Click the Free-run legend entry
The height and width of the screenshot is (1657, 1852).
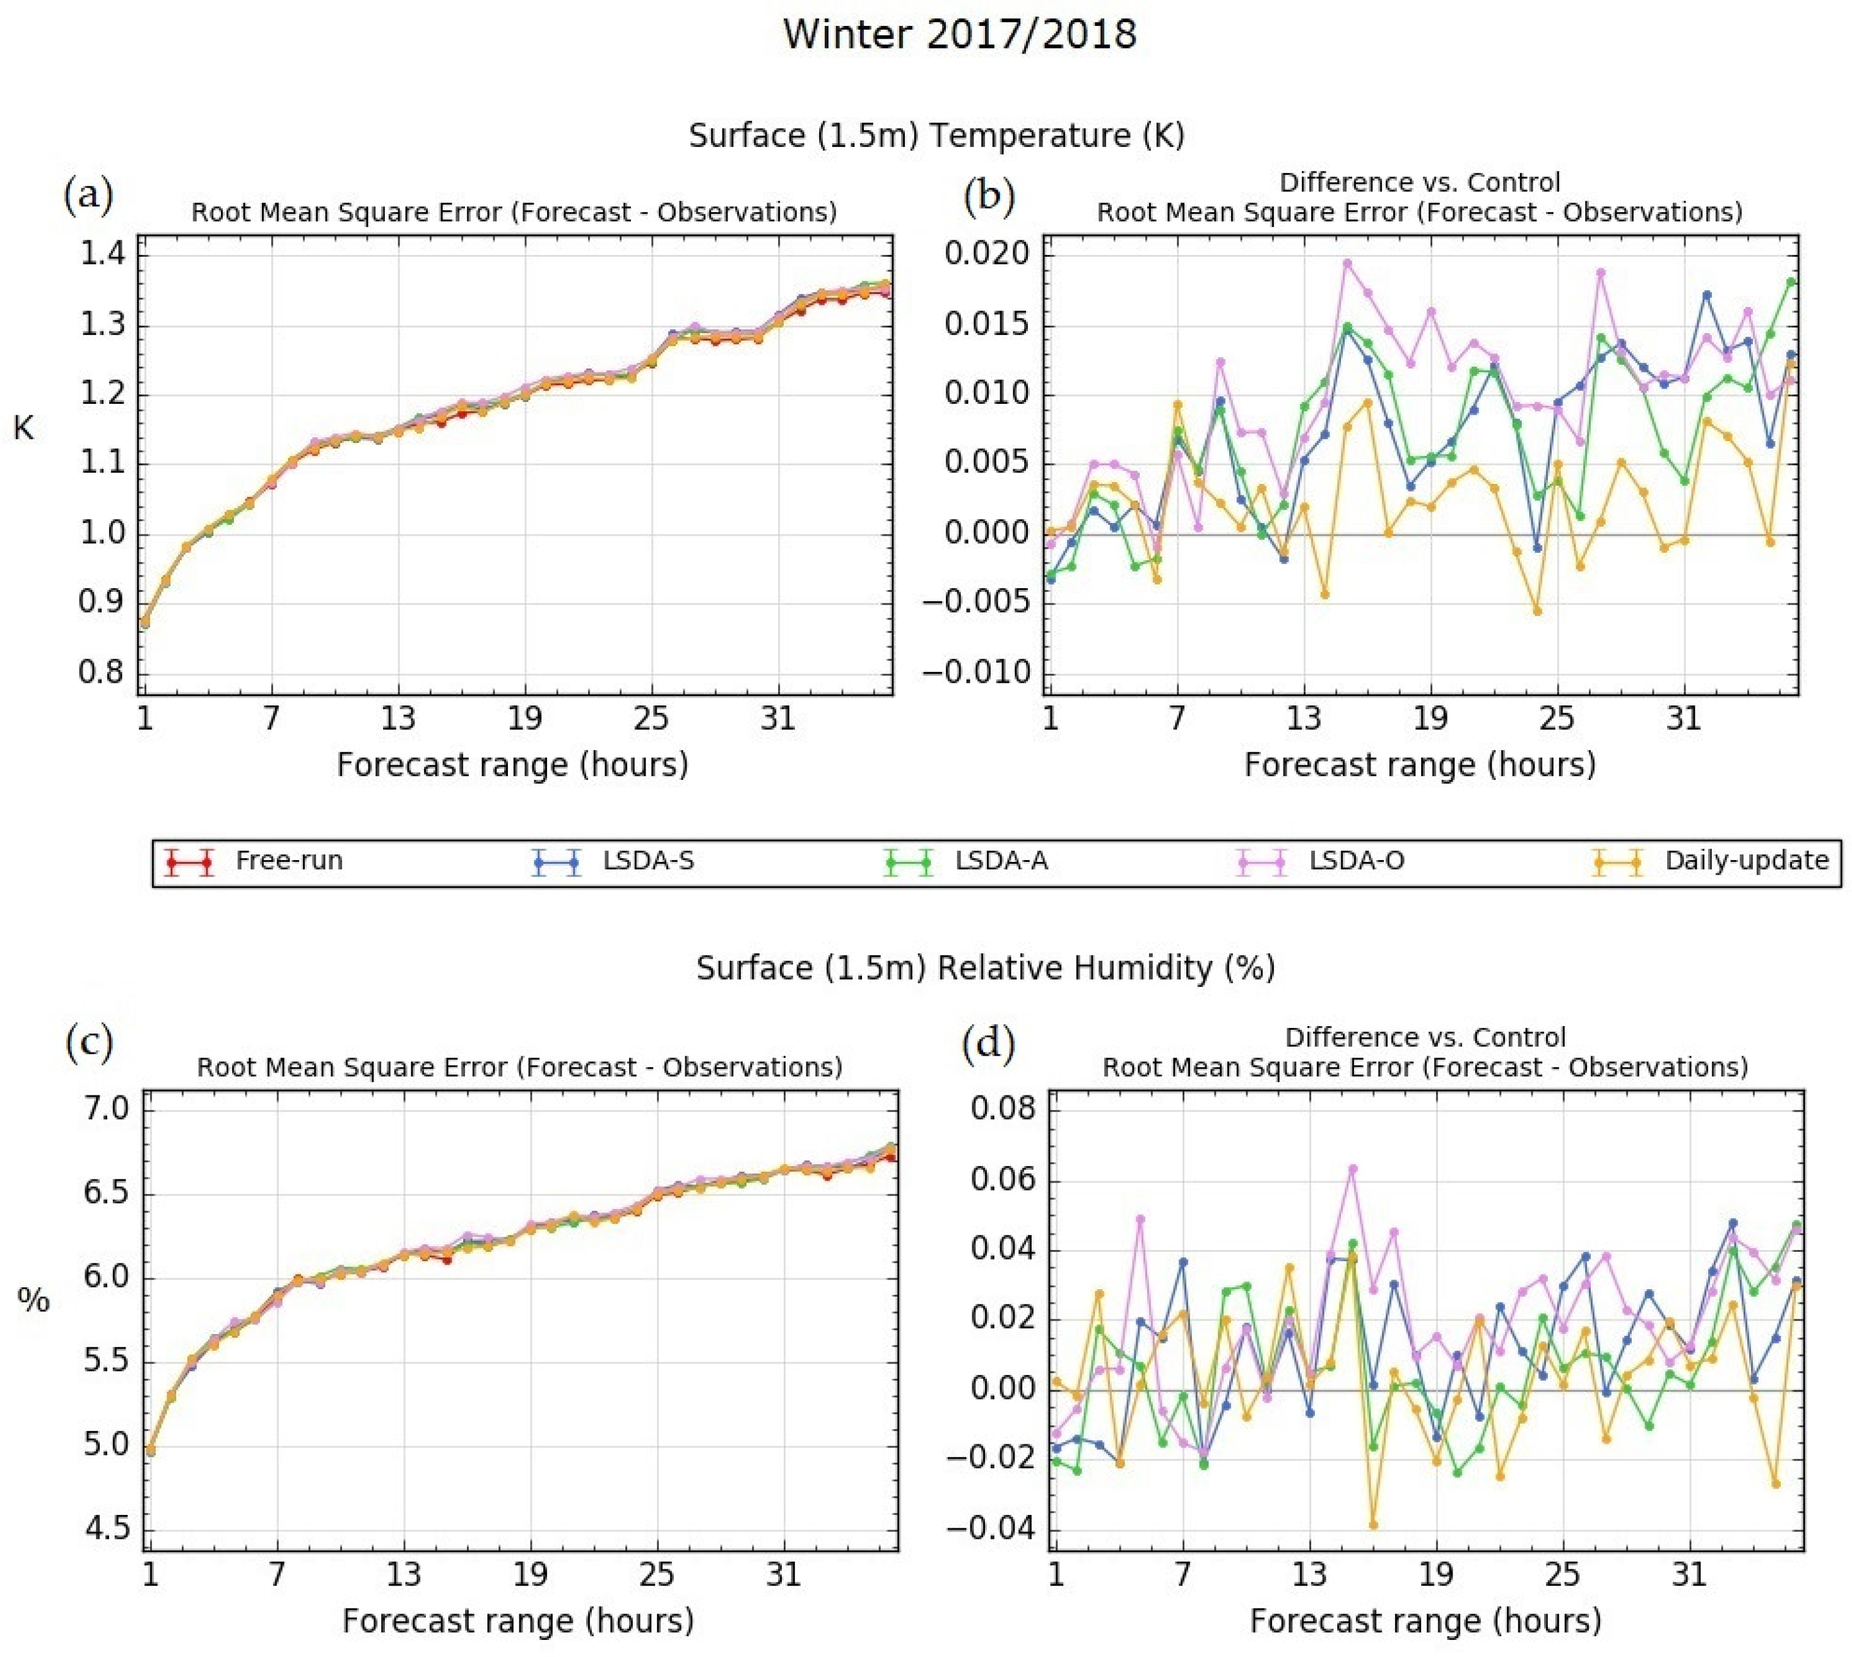[288, 861]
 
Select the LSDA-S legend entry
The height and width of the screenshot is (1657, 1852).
[647, 861]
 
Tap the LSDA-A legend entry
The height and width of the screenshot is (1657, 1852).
[1001, 861]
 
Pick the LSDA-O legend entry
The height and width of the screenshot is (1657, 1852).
[1356, 861]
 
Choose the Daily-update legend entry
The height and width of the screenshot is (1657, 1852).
[1745, 861]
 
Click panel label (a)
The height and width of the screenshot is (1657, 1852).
[88, 196]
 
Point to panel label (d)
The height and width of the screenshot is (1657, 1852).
[988, 1044]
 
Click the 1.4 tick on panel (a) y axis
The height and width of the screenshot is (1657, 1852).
[103, 254]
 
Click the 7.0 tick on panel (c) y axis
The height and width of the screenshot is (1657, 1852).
[107, 1109]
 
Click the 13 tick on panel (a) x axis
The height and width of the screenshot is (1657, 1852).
[398, 719]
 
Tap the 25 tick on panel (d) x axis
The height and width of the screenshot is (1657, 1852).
[1562, 1573]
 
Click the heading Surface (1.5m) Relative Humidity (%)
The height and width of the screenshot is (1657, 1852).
[985, 968]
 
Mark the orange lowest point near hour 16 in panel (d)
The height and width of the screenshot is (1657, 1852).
[1373, 1525]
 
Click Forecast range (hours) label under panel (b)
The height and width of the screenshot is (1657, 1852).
[1420, 765]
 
